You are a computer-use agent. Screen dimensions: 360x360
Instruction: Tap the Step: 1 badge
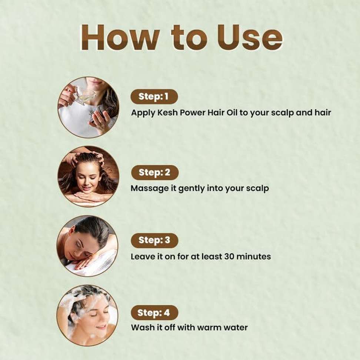[x=154, y=97]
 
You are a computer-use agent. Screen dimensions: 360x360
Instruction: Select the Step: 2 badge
[x=154, y=173]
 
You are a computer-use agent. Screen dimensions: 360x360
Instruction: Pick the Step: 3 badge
[x=154, y=240]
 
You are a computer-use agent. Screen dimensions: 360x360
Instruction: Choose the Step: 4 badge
[x=154, y=313]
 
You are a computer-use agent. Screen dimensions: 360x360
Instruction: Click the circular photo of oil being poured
[x=89, y=107]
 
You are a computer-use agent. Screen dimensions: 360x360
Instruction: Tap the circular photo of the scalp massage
[x=89, y=177]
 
